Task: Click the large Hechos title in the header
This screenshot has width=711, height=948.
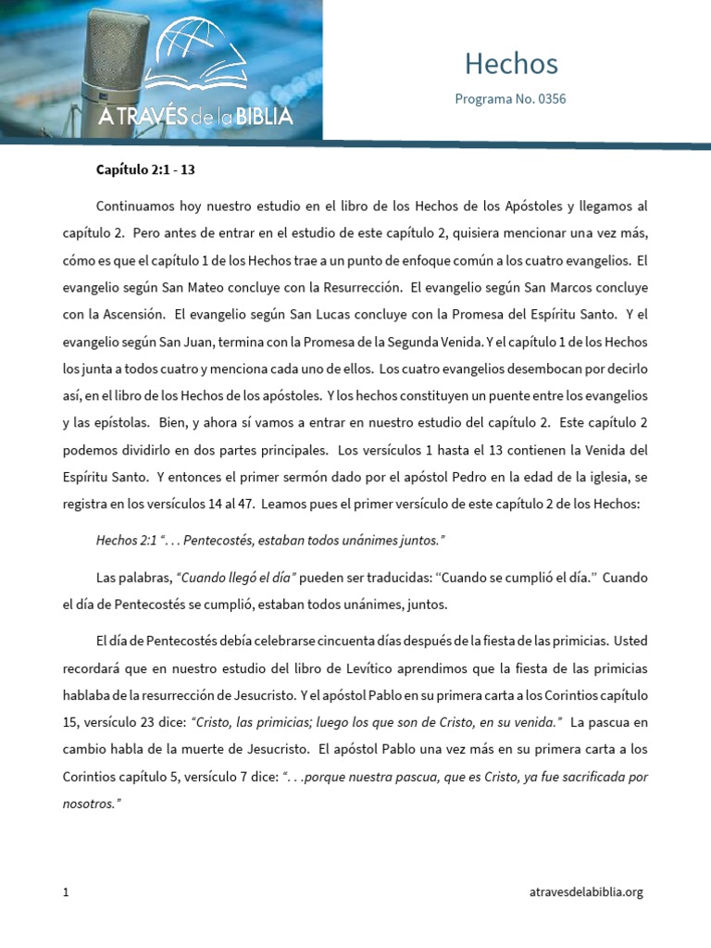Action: click(511, 63)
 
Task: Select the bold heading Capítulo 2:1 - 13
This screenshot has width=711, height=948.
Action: click(145, 170)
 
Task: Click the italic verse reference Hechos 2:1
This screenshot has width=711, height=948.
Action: click(126, 540)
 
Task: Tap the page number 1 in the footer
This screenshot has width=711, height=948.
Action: click(67, 892)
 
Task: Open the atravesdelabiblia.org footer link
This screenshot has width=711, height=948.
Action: click(585, 892)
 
